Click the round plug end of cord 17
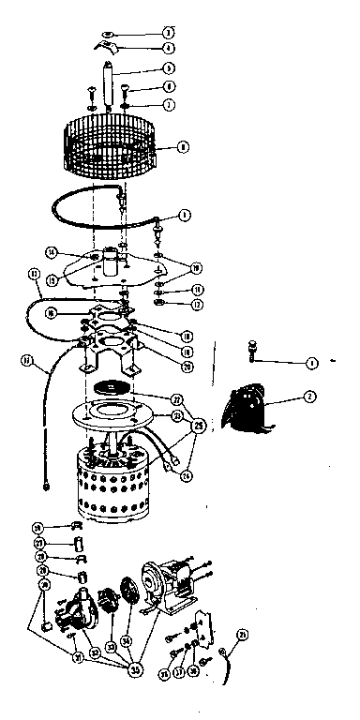pos(44,486)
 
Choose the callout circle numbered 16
pos(50,313)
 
